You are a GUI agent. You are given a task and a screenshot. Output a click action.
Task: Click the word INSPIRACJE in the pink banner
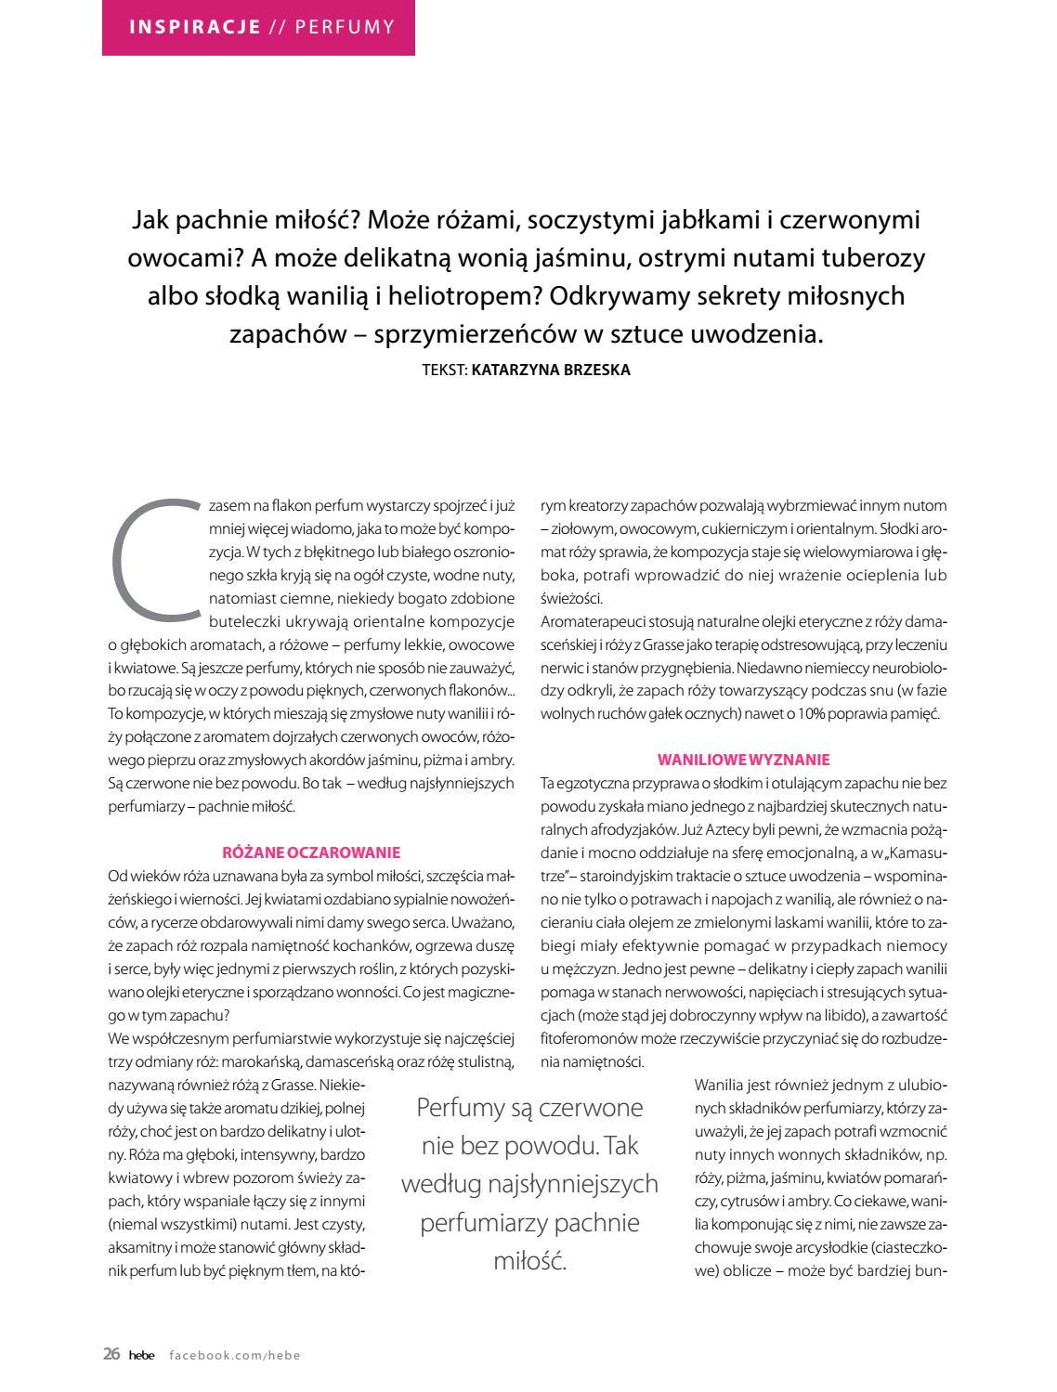[x=195, y=27]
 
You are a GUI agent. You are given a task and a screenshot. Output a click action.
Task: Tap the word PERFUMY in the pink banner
[x=345, y=27]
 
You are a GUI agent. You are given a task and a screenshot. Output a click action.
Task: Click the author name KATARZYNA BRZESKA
[x=551, y=370]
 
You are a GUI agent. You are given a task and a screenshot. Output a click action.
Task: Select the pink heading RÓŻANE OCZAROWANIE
[x=311, y=852]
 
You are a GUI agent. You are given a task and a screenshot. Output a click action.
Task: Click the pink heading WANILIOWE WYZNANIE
[x=743, y=760]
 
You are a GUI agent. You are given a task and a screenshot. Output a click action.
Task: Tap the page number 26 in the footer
[x=111, y=1354]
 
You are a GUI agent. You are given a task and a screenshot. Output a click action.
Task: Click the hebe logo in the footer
[x=142, y=1355]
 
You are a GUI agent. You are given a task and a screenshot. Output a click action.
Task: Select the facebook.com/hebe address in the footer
[x=235, y=1355]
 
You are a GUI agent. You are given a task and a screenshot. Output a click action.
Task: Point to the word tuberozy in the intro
[x=878, y=258]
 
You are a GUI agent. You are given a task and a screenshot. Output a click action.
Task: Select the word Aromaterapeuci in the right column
[x=590, y=621]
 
